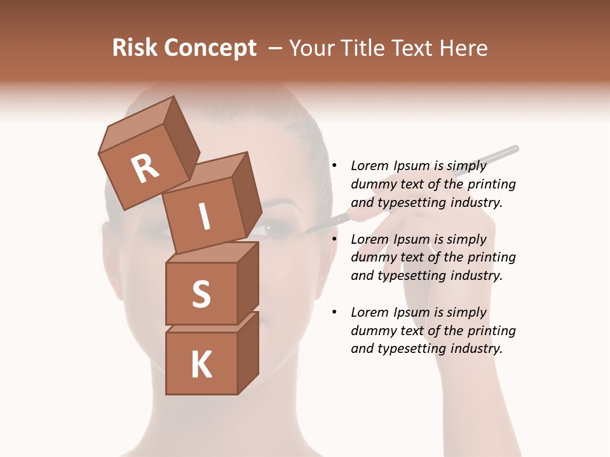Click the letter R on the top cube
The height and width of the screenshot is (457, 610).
coord(145,168)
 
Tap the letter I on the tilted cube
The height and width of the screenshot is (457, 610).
coord(204,218)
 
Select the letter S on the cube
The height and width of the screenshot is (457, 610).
coord(201,294)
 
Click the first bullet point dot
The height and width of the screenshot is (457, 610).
coord(334,166)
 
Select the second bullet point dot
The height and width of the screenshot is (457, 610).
coord(334,239)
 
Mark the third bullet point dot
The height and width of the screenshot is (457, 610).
coord(334,312)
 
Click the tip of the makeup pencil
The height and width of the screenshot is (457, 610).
coord(308,232)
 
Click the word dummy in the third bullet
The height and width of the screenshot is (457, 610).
coord(373,331)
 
